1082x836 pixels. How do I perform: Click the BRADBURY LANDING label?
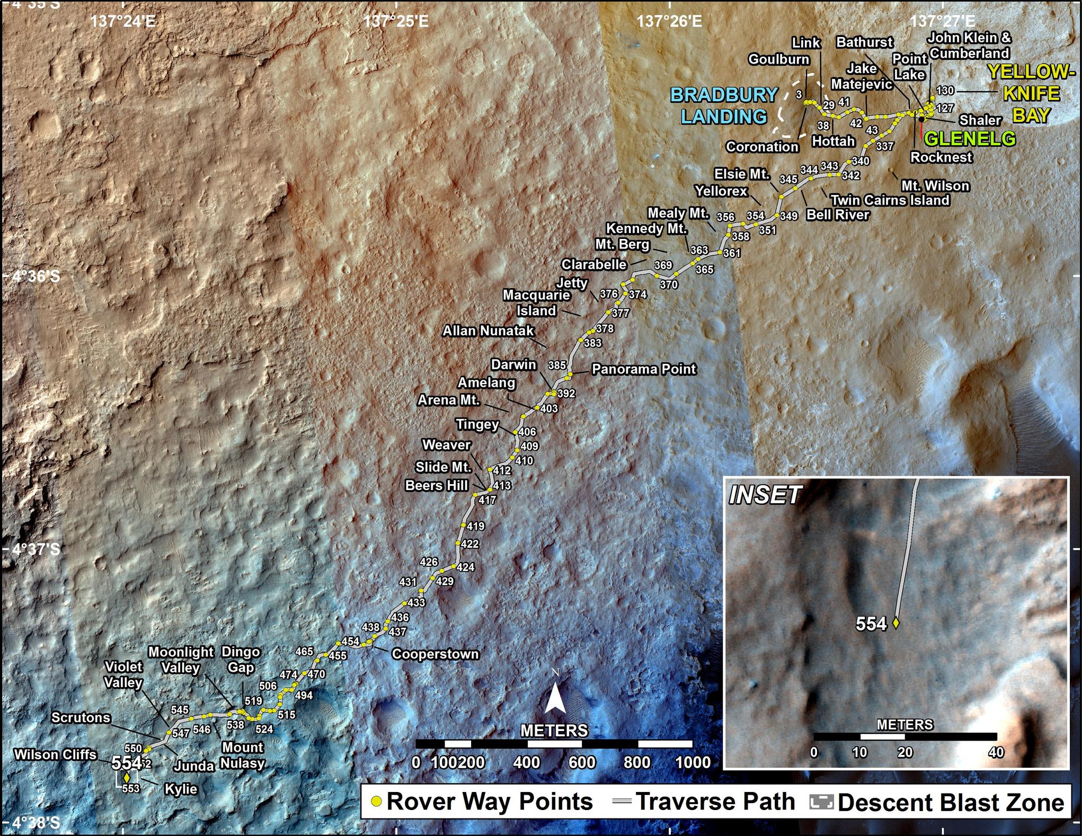724,105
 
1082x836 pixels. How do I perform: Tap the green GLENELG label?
969,139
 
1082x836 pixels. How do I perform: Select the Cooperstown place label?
435,654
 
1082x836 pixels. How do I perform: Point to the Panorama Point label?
643,369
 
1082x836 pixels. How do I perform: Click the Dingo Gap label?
241,660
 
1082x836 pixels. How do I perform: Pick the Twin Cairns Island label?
890,200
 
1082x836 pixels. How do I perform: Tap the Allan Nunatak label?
489,331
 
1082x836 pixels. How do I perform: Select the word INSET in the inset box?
764,495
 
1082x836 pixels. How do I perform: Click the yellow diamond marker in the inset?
896,624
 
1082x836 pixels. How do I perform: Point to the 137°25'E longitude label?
396,22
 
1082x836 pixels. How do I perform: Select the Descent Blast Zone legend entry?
951,803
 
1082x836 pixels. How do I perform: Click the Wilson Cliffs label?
56,754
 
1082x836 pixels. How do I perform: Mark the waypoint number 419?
475,527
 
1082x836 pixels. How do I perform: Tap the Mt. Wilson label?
935,186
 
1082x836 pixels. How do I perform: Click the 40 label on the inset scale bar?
996,752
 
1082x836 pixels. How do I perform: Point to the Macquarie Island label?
536,303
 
